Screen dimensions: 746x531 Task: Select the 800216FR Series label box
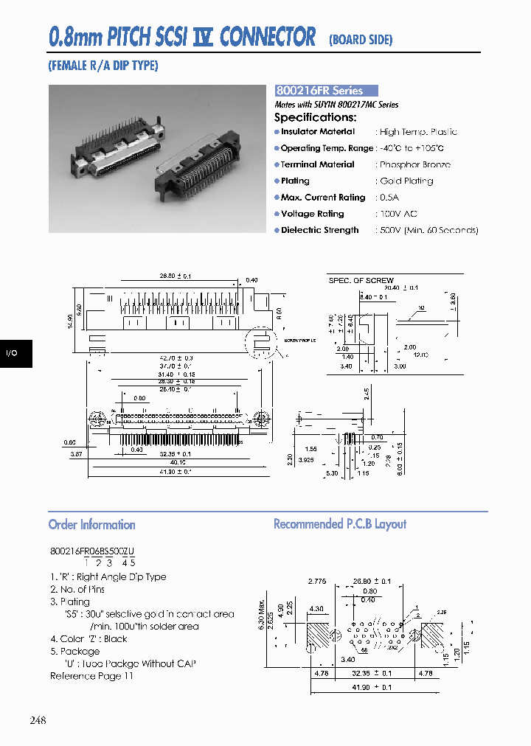(x=325, y=91)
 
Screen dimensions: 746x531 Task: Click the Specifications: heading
(x=315, y=117)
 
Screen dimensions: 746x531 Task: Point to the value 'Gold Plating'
(x=406, y=181)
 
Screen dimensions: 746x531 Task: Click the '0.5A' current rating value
(x=388, y=198)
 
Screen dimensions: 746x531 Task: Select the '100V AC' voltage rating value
(x=398, y=214)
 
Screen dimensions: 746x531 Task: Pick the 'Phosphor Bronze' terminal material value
(x=414, y=165)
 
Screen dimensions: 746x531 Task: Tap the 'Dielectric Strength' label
(x=319, y=231)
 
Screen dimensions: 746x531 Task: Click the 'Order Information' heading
(x=91, y=525)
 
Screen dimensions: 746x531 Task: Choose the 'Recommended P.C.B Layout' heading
(x=339, y=524)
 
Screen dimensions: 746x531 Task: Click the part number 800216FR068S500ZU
(x=92, y=551)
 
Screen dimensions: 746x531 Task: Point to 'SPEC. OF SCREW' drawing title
(x=361, y=281)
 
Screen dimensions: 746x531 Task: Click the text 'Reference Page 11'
(x=91, y=676)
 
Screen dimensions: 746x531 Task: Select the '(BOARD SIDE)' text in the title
(x=361, y=40)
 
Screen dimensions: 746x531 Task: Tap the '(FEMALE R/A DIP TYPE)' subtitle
(x=103, y=66)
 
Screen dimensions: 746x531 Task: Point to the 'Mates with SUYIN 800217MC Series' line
(x=336, y=105)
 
